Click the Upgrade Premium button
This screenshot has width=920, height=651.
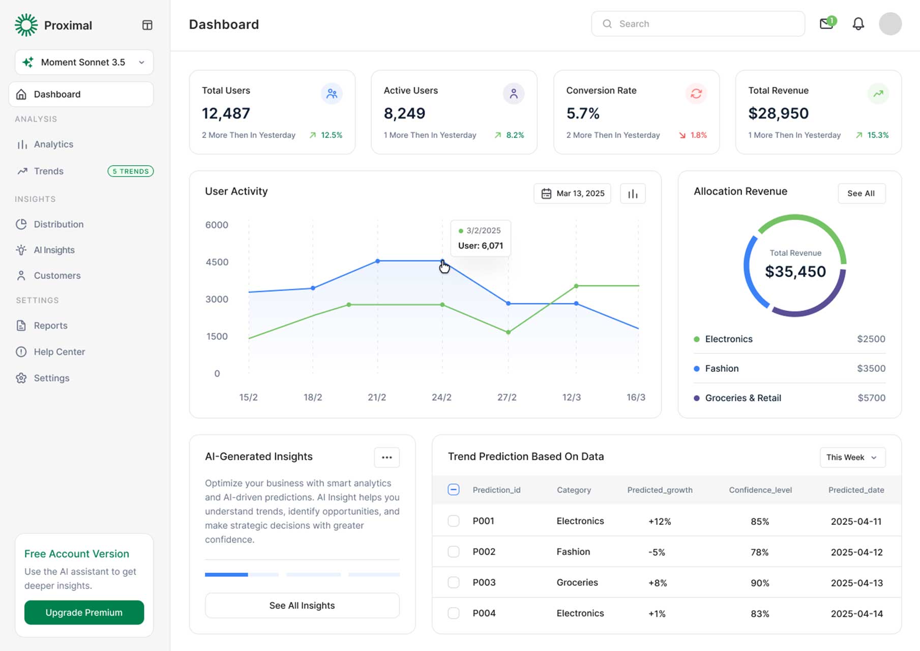pos(84,612)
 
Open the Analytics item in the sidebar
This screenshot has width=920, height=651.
pos(53,144)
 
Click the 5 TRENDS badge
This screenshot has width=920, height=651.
pos(131,171)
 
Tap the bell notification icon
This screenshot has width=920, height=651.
pos(858,24)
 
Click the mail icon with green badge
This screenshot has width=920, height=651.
pos(826,24)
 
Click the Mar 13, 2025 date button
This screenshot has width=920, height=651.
pos(573,193)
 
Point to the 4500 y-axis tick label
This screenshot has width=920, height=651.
pos(217,262)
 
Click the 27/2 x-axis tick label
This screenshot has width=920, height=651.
pos(507,397)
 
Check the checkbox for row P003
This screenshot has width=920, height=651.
pos(453,582)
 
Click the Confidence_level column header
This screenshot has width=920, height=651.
pos(760,490)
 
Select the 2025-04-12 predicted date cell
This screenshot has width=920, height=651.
pos(856,552)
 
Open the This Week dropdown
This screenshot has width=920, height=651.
pos(852,457)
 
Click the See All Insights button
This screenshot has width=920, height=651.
pos(302,605)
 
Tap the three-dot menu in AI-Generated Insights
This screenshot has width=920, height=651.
pos(387,457)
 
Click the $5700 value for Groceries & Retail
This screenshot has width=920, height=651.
pos(871,398)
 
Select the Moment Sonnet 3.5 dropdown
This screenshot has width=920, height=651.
pos(84,62)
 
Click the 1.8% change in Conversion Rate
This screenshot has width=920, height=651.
pos(698,135)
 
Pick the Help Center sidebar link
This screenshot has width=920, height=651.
pos(59,352)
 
